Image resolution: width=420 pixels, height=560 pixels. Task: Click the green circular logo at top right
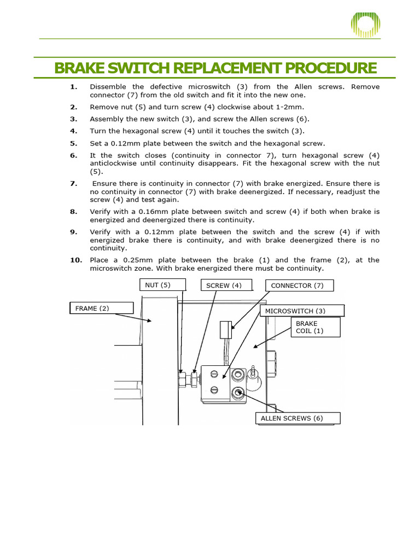coord(365,25)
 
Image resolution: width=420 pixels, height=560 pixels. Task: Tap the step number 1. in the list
coord(74,87)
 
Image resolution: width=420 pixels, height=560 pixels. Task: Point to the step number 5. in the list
coord(74,144)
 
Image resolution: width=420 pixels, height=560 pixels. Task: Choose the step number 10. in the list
coord(75,260)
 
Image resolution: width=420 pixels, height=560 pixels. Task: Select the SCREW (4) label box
coord(225,285)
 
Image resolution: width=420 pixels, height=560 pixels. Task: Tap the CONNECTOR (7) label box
coord(299,285)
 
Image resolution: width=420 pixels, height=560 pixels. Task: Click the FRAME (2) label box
coord(101,308)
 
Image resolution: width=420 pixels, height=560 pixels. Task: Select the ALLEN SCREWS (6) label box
coord(297,418)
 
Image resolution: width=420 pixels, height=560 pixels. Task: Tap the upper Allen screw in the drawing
coord(238,375)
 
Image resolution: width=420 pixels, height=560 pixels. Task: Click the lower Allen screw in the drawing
coord(238,392)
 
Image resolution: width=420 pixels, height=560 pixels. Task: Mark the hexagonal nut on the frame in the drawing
coord(183,378)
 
